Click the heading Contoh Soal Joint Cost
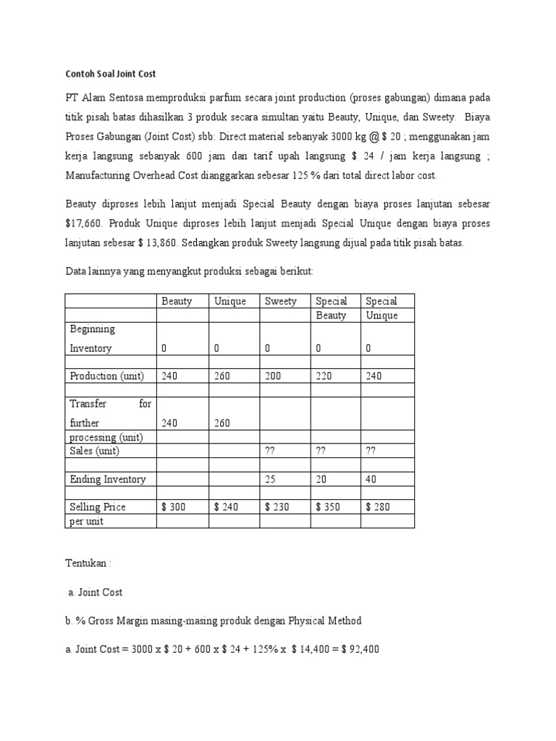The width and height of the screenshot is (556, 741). pos(111,74)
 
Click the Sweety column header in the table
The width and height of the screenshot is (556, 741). pos(280,301)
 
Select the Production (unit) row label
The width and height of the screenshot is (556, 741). pos(106,376)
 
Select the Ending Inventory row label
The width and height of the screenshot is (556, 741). pos(107,479)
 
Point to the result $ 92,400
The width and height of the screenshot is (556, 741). pos(357,650)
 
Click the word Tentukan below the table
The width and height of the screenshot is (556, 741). pos(86,563)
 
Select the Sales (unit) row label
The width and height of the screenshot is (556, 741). pos(94,451)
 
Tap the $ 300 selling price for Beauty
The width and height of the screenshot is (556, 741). pos(174,507)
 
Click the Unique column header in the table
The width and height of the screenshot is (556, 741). pos(230,301)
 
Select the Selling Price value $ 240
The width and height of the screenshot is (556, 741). pos(227,507)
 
